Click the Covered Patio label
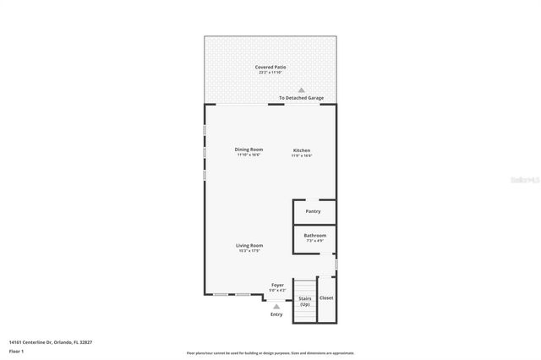pos(270,67)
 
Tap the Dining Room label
pos(249,150)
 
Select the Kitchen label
pos(302,150)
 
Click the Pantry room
pos(313,211)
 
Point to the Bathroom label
pos(314,235)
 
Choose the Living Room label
pos(249,245)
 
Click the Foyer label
pos(277,285)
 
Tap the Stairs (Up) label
pos(304,301)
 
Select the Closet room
pos(326,298)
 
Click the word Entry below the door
pos(276,315)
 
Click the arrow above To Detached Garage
pos(301,90)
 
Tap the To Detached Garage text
pos(301,98)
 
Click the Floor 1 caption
pos(17,351)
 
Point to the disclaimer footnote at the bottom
pos(270,353)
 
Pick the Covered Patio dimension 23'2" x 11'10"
pos(270,73)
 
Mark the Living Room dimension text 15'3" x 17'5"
pos(249,251)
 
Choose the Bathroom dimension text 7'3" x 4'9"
pos(314,241)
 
